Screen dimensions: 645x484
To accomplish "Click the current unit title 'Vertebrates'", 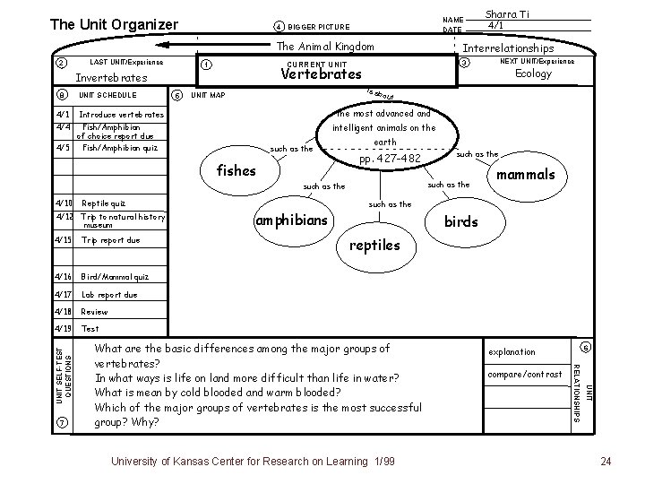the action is (321, 74).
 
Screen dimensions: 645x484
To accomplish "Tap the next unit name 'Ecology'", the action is (533, 74).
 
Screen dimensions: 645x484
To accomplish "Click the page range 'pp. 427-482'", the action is (389, 159).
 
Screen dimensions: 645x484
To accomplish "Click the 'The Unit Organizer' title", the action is (114, 23).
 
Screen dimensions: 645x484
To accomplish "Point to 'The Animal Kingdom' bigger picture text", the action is (325, 47).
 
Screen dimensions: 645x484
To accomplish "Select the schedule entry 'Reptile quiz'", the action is (103, 203).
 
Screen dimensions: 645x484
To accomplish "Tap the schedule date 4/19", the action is (63, 328).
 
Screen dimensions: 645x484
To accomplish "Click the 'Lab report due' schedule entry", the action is (109, 294).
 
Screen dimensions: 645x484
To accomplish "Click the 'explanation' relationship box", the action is (513, 351).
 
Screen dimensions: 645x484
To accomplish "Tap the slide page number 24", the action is (606, 461).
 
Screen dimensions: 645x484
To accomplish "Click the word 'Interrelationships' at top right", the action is (508, 48).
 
